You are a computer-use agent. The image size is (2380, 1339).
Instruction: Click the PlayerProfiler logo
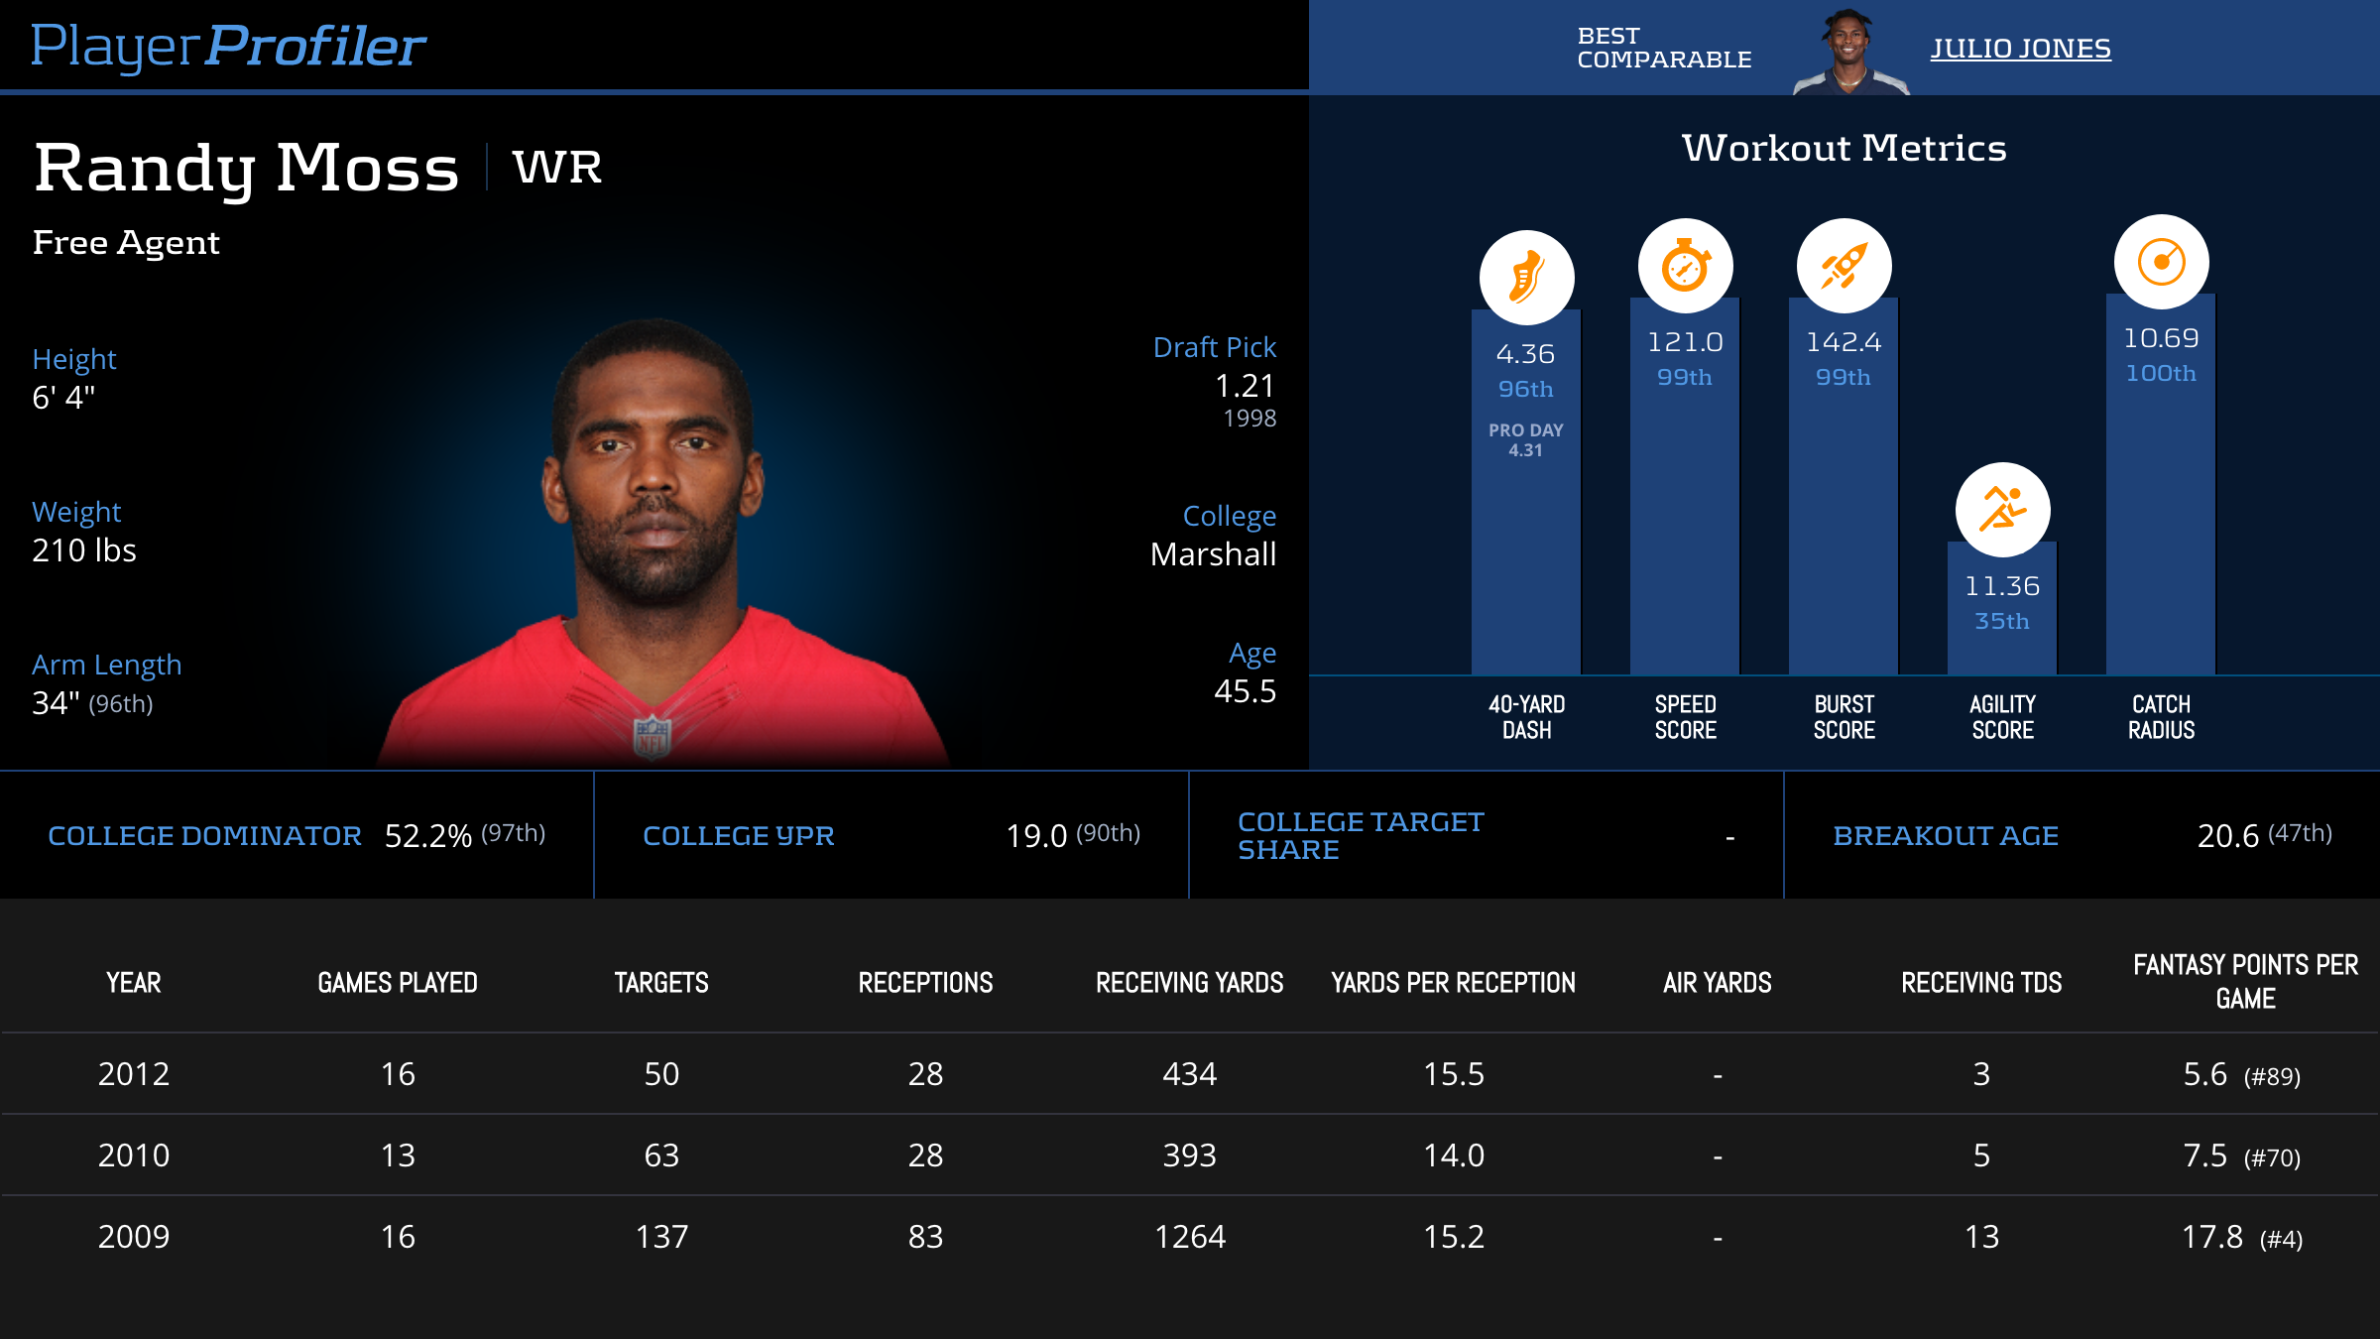(228, 47)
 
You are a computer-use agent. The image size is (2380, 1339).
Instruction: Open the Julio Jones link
(2020, 49)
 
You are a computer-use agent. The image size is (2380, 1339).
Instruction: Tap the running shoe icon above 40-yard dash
(1526, 278)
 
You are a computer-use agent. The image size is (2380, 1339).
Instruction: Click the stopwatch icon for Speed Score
(1685, 266)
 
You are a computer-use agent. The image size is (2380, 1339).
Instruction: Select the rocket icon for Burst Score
(1844, 266)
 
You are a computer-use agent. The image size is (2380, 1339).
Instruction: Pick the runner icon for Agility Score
(2002, 510)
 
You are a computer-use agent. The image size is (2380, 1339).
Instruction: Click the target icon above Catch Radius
(2161, 262)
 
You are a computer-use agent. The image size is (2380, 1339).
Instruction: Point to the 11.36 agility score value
(2002, 586)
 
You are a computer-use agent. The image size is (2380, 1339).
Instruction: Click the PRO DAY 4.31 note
(1525, 439)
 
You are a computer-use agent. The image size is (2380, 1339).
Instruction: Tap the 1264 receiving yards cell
(1189, 1237)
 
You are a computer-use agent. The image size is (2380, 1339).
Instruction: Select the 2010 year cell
(134, 1156)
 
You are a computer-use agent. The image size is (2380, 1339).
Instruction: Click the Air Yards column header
(1717, 983)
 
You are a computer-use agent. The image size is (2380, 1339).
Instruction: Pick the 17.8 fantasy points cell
(2211, 1237)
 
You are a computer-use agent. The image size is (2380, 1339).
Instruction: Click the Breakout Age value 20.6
(2227, 836)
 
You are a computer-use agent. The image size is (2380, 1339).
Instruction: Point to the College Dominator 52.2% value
(427, 836)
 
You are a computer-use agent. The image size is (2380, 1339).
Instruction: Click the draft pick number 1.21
(1245, 386)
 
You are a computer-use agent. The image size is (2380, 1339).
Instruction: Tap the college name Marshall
(1213, 554)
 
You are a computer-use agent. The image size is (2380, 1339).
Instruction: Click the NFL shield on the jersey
(653, 737)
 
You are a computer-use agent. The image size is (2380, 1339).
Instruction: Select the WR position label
(557, 168)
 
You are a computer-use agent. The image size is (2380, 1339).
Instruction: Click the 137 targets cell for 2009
(661, 1237)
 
